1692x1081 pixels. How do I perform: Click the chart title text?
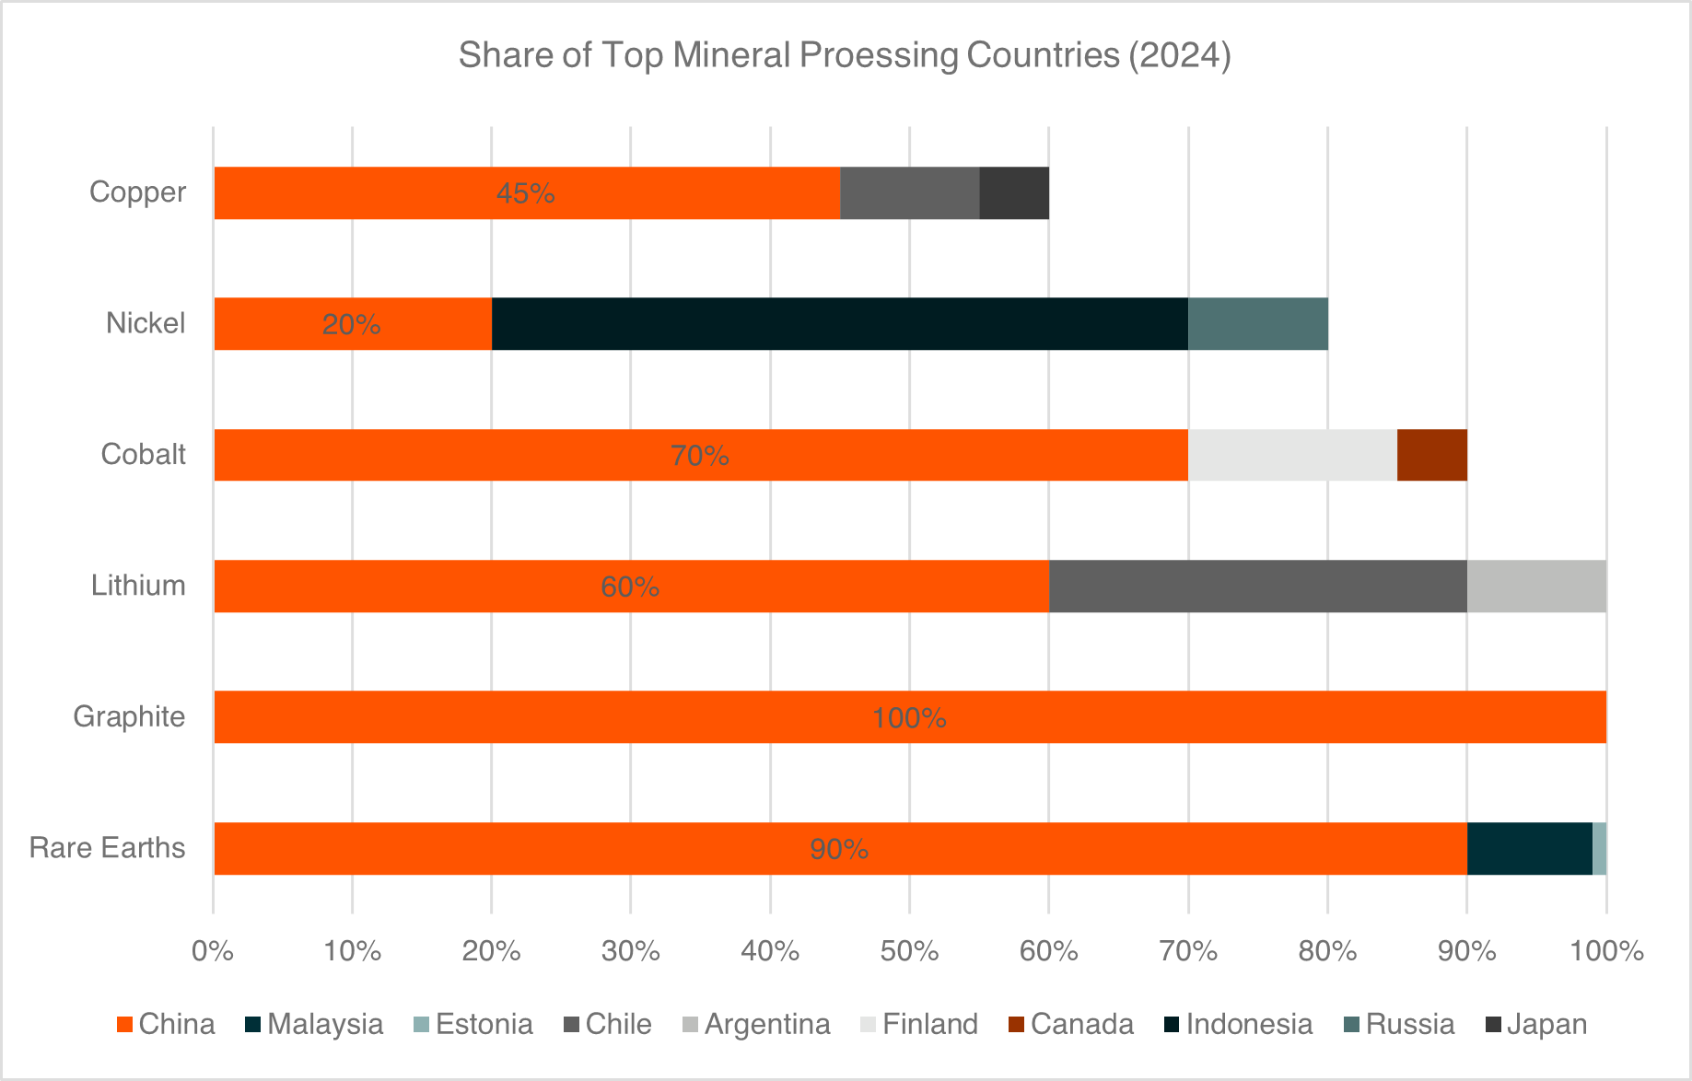click(845, 55)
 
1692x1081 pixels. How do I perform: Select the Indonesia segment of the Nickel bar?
click(839, 324)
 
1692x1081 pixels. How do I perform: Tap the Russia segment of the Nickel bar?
click(1257, 324)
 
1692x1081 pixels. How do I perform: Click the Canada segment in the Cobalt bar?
click(1431, 455)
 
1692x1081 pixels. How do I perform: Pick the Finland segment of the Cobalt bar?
click(1292, 455)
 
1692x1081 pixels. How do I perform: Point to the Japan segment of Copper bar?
click(1013, 193)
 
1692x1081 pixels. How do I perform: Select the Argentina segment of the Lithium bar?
click(1535, 586)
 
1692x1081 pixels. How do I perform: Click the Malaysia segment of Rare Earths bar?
click(1529, 848)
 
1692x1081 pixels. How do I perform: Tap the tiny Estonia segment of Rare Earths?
click(1599, 848)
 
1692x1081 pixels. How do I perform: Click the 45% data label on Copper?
click(525, 193)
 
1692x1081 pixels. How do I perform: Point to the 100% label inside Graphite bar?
click(909, 717)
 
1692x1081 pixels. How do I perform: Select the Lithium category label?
click(138, 586)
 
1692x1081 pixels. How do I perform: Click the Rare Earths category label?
click(107, 848)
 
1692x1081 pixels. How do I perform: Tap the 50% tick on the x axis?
click(909, 951)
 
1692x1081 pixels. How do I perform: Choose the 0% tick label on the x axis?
click(213, 951)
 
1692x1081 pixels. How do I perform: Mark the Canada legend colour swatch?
click(1016, 1025)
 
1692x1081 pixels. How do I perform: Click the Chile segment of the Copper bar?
click(909, 193)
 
